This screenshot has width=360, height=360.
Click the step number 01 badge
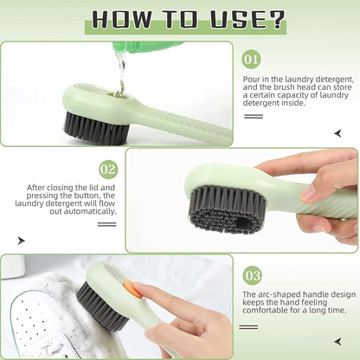point(251,60)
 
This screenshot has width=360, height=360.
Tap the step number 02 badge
point(108,169)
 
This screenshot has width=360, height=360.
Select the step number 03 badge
point(251,275)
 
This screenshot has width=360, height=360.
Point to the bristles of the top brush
point(95,128)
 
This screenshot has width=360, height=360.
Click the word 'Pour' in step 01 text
point(250,79)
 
